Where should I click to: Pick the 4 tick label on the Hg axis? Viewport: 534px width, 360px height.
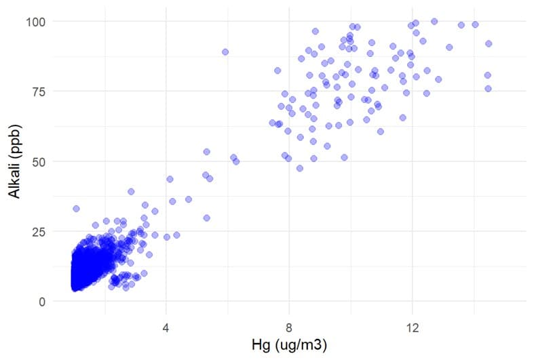coord(166,326)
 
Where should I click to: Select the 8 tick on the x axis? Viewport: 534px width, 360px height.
coord(289,326)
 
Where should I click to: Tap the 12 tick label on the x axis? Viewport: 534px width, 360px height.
coord(412,326)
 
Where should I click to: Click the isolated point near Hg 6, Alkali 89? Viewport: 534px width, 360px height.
coord(225,52)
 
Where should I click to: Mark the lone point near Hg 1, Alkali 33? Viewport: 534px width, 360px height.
coord(76,209)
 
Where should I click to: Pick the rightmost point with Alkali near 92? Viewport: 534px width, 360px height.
coord(488,43)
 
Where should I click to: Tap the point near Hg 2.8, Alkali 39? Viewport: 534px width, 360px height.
coord(131,191)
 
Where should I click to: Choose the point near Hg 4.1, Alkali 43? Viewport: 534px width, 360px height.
coord(170,179)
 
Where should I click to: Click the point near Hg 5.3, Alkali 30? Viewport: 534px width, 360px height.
coord(207,218)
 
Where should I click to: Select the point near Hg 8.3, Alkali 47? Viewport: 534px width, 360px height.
coord(299,168)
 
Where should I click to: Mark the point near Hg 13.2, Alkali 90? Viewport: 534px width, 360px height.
coord(449,47)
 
